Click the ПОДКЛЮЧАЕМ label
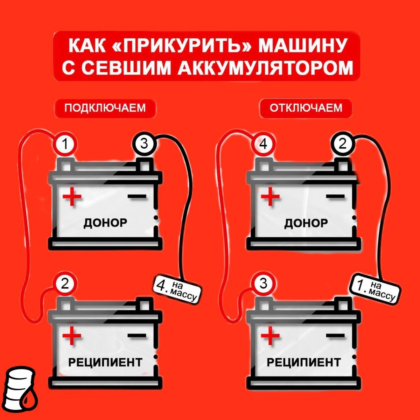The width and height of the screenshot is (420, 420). coord(105,108)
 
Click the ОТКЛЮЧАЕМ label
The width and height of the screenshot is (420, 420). coord(306,108)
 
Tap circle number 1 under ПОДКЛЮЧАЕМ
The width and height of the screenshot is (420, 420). coord(65,145)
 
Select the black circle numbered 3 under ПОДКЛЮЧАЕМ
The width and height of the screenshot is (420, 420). coord(144,144)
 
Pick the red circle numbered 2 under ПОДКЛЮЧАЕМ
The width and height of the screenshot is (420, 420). coord(65,284)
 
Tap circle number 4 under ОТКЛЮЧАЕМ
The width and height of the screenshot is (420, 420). coord(264,144)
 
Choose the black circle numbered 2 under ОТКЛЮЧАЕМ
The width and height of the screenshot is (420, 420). coord(343,144)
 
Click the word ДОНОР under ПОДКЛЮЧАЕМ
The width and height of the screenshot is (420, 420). coord(105,223)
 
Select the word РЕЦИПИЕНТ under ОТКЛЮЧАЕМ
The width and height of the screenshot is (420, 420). coord(303,362)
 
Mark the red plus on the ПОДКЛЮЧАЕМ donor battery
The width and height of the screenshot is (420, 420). coord(72,196)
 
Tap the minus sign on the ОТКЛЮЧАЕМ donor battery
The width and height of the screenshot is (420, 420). coord(335,196)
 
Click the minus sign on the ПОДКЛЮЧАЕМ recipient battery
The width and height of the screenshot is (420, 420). coord(137,336)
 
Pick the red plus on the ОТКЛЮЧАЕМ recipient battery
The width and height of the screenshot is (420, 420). coord(270,336)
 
